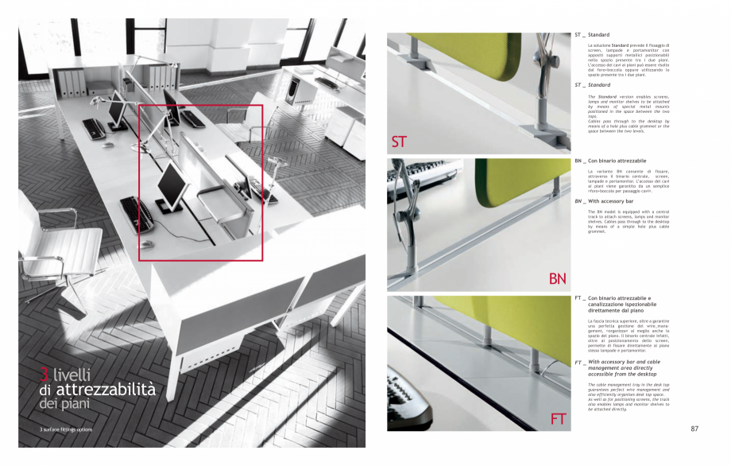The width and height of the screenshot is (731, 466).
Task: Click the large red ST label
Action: (x=399, y=142)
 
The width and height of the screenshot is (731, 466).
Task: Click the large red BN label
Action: (x=558, y=278)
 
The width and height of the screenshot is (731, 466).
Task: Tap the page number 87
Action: (x=694, y=429)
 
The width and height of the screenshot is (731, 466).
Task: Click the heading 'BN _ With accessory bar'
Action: (x=611, y=201)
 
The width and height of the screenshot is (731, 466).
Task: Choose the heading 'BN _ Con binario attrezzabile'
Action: (x=610, y=161)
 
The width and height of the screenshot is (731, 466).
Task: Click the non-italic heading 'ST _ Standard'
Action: (x=592, y=35)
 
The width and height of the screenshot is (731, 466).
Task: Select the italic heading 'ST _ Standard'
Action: (x=593, y=84)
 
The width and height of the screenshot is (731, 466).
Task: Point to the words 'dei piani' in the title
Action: (x=64, y=404)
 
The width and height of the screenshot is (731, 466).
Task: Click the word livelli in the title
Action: (x=72, y=375)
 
